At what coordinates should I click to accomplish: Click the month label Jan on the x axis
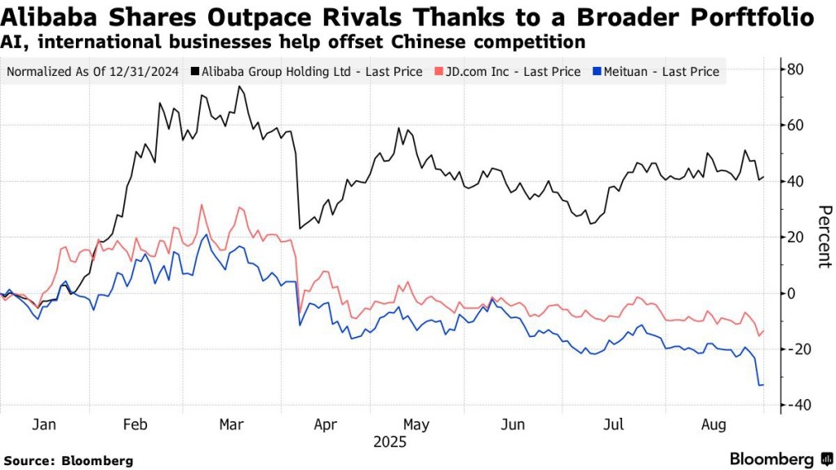click(43, 424)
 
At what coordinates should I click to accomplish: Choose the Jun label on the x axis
click(513, 424)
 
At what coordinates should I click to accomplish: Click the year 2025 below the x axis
click(389, 442)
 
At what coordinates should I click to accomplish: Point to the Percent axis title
click(823, 237)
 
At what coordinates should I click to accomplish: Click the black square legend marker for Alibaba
click(193, 72)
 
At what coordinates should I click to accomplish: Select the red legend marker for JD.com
click(439, 72)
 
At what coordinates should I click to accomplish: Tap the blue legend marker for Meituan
click(598, 72)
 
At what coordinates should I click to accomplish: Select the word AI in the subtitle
click(11, 41)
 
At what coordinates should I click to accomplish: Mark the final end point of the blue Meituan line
click(763, 384)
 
